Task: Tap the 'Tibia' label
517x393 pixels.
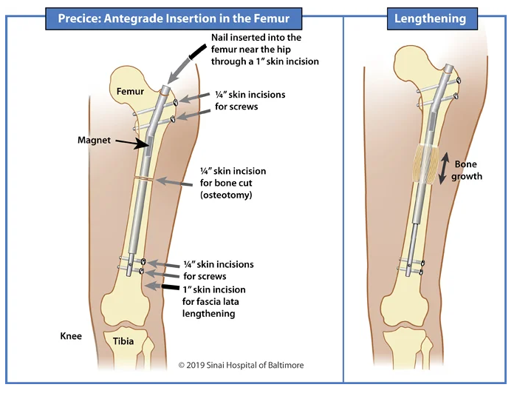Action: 123,341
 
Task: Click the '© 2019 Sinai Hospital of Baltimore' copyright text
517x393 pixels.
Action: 241,366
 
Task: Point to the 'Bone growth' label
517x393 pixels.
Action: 468,170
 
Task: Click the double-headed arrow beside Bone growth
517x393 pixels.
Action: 444,169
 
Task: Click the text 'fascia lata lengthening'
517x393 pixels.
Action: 214,307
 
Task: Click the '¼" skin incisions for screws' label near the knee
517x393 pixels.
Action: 219,270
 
